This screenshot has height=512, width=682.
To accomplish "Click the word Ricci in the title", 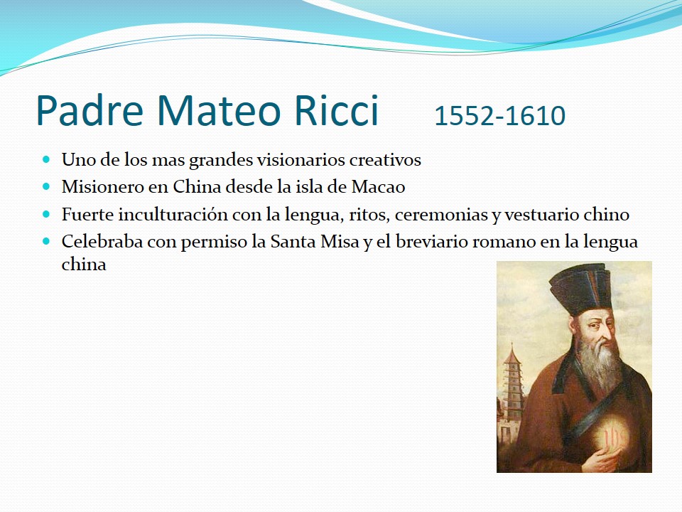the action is tap(336, 110).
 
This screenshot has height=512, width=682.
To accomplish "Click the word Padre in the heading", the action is tap(90, 110).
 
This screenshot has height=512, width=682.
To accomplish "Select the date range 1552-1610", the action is tap(499, 116).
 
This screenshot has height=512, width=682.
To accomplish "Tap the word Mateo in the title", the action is tap(217, 110).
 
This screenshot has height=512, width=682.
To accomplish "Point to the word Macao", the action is tap(379, 187).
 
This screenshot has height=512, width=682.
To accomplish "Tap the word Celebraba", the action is tap(102, 242).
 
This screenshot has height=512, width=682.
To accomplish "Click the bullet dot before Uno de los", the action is tap(47, 159).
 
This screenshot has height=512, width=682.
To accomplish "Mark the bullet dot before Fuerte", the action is tap(47, 214).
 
